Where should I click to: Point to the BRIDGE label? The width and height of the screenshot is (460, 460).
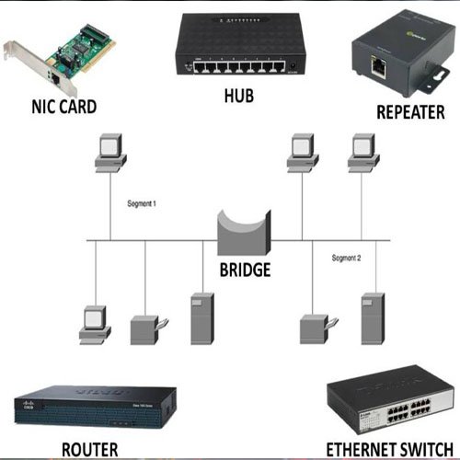coord(245,270)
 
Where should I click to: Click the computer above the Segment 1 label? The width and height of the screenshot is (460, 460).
coord(109,152)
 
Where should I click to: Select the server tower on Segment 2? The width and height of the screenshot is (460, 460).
coord(372,318)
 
